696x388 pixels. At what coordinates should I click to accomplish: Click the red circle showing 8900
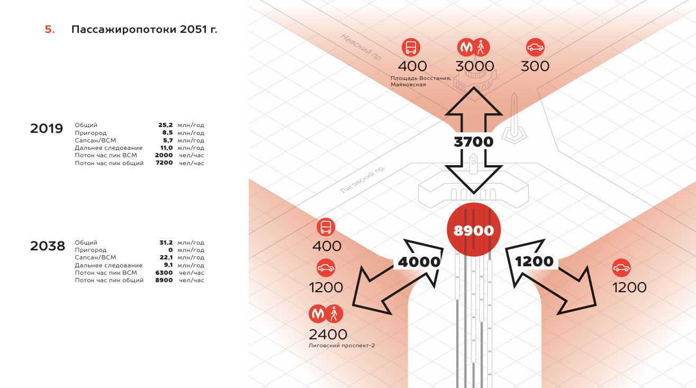[x=474, y=230]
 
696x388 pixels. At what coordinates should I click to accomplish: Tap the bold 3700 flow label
[x=474, y=142]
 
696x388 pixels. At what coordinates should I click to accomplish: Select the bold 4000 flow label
[x=419, y=262]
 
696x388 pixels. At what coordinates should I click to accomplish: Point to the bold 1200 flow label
[x=534, y=261]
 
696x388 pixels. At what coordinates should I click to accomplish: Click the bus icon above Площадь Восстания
[x=411, y=47]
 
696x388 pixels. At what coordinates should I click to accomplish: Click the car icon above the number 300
[x=535, y=47]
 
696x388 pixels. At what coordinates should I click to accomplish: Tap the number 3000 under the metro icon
[x=475, y=66]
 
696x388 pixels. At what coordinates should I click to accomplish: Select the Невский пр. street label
[x=361, y=47]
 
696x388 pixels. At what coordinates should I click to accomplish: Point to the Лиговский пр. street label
[x=363, y=179]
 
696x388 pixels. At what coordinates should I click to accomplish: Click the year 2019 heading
[x=47, y=129]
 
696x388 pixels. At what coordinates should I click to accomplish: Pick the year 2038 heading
[x=48, y=246]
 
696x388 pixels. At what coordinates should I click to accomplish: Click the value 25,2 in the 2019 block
[x=165, y=125]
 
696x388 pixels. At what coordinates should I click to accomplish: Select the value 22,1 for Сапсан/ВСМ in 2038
[x=166, y=258]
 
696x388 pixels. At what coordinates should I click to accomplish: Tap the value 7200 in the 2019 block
[x=164, y=163]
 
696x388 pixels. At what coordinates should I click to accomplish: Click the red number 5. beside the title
[x=50, y=30]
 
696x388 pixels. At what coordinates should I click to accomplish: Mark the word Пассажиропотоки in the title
[x=124, y=30]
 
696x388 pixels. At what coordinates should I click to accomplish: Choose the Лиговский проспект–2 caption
[x=342, y=346]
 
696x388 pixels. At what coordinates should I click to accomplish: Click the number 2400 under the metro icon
[x=328, y=335]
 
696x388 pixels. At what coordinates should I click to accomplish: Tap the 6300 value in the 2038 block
[x=164, y=273]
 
